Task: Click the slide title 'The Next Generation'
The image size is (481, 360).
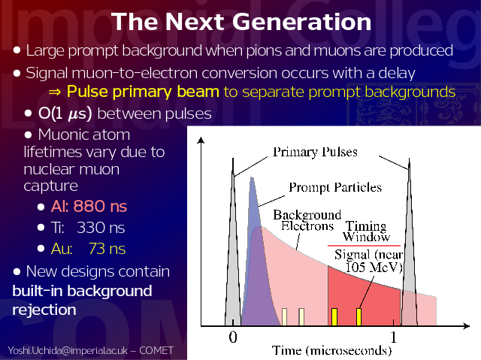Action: click(x=241, y=22)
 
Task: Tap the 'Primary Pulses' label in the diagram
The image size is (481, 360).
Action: click(x=315, y=152)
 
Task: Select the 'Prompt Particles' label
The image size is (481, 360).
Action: click(x=335, y=187)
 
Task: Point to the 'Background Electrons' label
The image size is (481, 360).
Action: click(x=307, y=220)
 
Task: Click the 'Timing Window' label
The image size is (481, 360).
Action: click(x=366, y=231)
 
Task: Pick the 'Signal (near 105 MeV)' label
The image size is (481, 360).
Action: click(x=368, y=261)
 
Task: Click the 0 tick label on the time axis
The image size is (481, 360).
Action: click(x=233, y=337)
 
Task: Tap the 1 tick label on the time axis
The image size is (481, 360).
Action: click(x=394, y=337)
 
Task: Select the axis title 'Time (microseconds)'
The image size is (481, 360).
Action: click(x=331, y=350)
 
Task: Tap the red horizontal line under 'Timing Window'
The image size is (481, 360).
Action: click(x=364, y=246)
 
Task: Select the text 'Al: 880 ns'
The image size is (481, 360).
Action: click(x=89, y=206)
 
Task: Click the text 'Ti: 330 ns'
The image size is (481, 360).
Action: click(x=88, y=228)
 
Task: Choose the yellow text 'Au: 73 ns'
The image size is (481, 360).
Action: click(x=89, y=249)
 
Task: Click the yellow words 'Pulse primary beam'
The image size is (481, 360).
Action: click(x=143, y=92)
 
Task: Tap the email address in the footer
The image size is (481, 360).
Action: click(x=68, y=350)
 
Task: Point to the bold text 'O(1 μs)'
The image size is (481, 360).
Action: click(x=65, y=113)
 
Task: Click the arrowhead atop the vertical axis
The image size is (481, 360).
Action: click(x=201, y=140)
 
